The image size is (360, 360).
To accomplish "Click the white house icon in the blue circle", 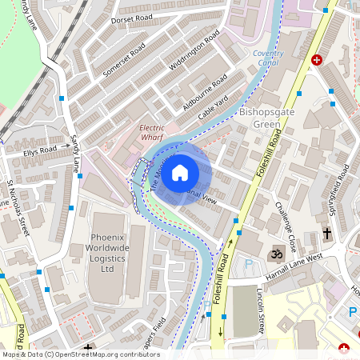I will [180, 172].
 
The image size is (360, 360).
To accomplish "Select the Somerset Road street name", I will [123, 60].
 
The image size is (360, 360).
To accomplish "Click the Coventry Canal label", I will [268, 58].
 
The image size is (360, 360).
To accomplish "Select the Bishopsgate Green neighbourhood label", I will [266, 118].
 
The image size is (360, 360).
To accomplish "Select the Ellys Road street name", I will [40, 150].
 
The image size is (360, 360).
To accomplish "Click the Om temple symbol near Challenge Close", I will [279, 251].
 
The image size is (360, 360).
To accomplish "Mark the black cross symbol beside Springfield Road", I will [327, 234].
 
